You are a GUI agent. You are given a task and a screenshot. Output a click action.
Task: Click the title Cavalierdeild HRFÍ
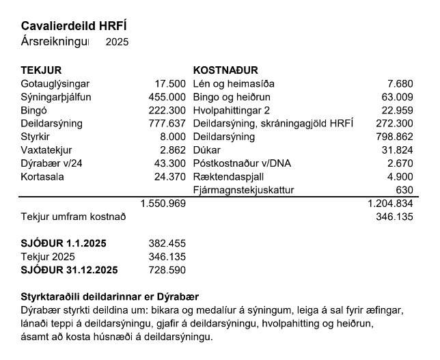pyautogui.click(x=74, y=27)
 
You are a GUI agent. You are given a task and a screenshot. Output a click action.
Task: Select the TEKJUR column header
pyautogui.click(x=42, y=70)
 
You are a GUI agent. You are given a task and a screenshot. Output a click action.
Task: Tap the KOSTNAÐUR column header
pyautogui.click(x=225, y=70)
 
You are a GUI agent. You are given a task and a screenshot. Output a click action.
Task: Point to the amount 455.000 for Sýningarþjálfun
pyautogui.click(x=167, y=97)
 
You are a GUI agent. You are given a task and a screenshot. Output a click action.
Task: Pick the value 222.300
pyautogui.click(x=167, y=110)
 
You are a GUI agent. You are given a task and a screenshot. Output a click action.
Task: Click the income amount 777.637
pyautogui.click(x=167, y=124)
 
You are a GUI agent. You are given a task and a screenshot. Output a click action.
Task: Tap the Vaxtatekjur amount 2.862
pyautogui.click(x=172, y=150)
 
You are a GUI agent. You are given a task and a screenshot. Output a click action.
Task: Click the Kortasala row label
pyautogui.click(x=42, y=176)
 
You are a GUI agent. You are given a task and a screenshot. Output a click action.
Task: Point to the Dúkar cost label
pyautogui.click(x=208, y=150)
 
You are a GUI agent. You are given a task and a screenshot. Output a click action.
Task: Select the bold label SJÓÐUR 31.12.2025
pyautogui.click(x=69, y=270)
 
